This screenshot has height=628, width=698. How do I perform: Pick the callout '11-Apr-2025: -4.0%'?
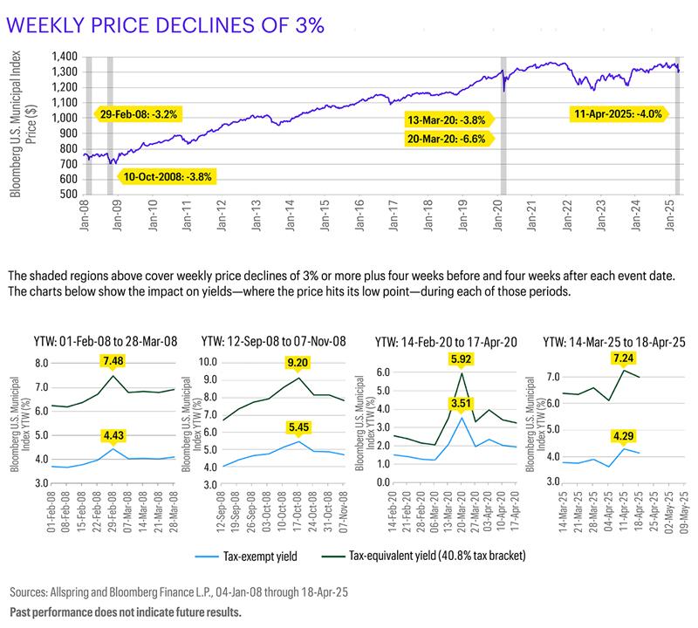click(618, 113)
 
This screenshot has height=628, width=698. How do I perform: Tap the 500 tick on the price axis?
click(67, 195)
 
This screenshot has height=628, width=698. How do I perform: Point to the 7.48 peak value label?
click(113, 361)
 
